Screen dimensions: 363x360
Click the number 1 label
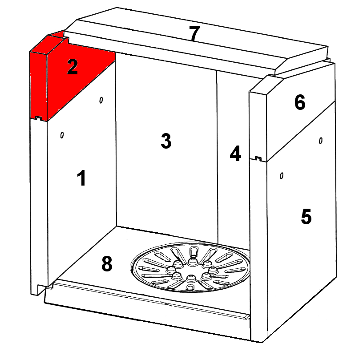click(81, 178)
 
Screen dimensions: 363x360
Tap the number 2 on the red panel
click(72, 67)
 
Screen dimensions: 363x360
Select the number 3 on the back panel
click(166, 141)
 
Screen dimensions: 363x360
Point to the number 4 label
click(235, 153)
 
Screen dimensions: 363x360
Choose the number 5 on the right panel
click(306, 216)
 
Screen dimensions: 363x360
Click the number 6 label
click(300, 102)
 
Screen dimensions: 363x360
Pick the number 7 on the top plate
click(194, 33)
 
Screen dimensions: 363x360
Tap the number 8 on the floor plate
click(107, 264)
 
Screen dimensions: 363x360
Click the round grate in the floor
click(190, 267)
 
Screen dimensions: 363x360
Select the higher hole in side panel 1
click(101, 100)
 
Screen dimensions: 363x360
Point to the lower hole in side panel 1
click(62, 135)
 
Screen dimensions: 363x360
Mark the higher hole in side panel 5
click(321, 141)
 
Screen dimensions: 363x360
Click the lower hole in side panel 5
click(282, 176)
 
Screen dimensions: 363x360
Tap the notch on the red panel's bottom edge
click(38, 118)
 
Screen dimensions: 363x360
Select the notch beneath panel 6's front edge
click(258, 158)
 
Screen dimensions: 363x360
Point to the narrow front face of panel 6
click(258, 125)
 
